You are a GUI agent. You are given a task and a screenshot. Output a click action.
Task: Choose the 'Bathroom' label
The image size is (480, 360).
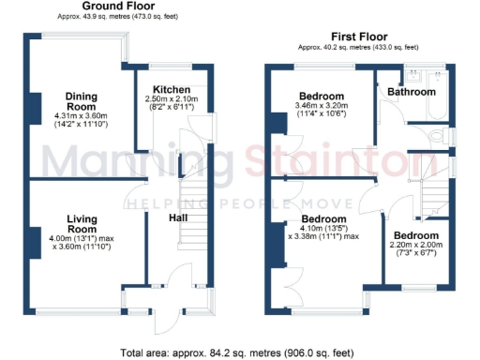(413, 93)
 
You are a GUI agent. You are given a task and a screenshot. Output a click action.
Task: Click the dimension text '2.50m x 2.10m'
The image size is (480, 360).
(165, 98)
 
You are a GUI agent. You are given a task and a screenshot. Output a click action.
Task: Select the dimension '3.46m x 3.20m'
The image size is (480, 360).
(322, 108)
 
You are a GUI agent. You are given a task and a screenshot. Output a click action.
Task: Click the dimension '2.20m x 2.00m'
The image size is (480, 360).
(415, 247)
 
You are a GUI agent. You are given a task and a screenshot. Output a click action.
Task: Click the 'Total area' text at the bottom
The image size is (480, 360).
(238, 352)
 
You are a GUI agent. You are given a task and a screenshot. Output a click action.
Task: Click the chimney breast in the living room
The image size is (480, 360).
(36, 238)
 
